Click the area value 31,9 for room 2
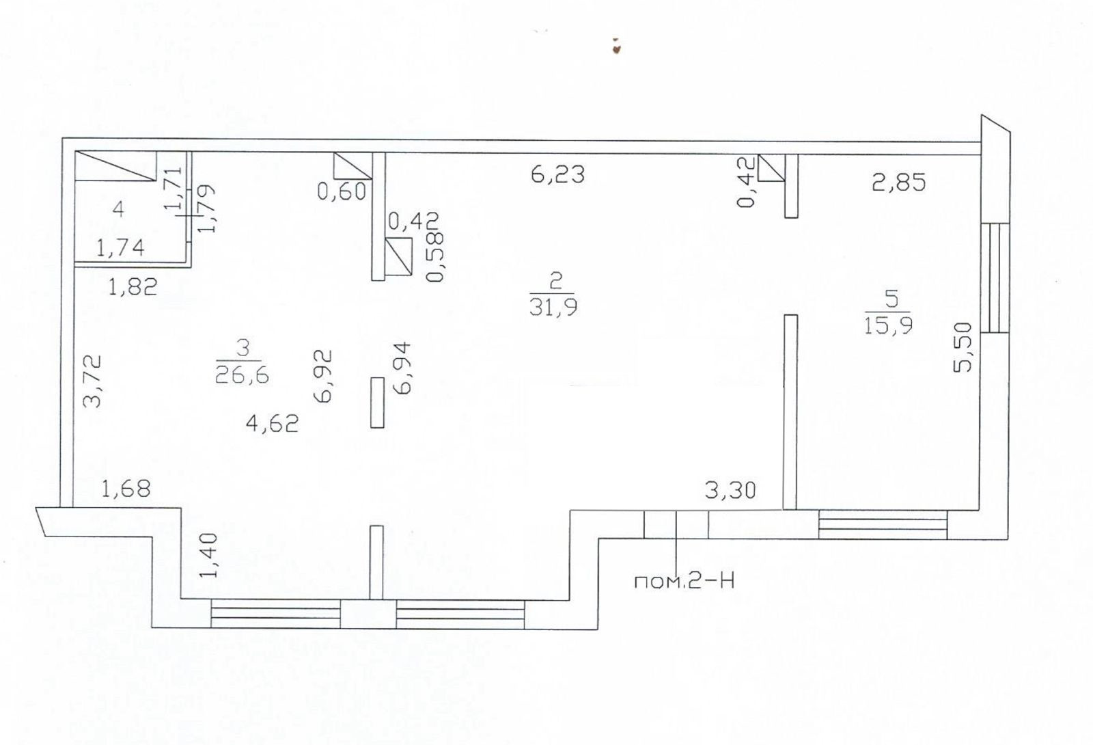click(x=553, y=307)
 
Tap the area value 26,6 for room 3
click(x=242, y=375)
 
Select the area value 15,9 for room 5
click(x=888, y=325)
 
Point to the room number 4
click(x=118, y=209)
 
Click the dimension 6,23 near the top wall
click(x=557, y=174)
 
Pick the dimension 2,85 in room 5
click(x=898, y=182)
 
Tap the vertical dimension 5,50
click(x=963, y=347)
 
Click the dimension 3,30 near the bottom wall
click(x=730, y=490)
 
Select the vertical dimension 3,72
click(x=92, y=381)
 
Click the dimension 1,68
click(x=126, y=489)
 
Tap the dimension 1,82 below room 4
click(x=133, y=286)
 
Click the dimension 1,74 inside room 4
click(x=120, y=247)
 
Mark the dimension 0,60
click(x=342, y=191)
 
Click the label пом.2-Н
click(x=684, y=582)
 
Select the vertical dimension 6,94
click(x=403, y=368)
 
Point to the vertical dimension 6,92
click(x=324, y=376)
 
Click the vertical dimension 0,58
click(x=435, y=256)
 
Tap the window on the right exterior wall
click(x=995, y=277)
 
